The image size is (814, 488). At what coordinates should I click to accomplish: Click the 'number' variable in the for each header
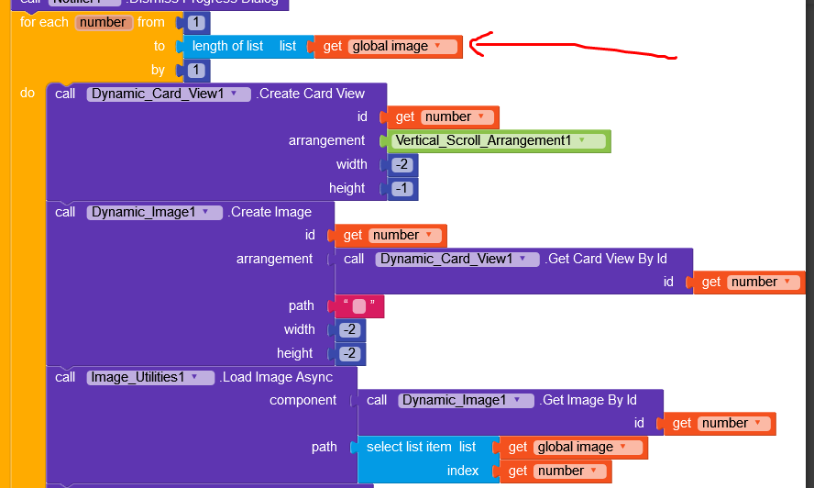tap(101, 22)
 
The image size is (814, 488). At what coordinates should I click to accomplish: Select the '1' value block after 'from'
tap(196, 23)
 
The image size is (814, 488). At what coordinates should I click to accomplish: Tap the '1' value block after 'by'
tap(196, 71)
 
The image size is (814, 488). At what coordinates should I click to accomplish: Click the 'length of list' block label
tap(227, 46)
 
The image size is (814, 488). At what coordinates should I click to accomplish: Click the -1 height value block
tap(401, 188)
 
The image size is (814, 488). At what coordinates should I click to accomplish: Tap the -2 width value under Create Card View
tap(401, 165)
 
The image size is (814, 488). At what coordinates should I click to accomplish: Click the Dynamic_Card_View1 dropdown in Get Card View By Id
tap(456, 260)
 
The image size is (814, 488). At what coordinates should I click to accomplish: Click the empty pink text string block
tap(359, 306)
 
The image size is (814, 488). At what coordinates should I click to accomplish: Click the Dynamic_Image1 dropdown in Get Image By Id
tap(467, 401)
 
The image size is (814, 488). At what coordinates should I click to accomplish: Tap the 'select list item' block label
tap(409, 448)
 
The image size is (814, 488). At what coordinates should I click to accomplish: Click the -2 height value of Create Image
tap(349, 354)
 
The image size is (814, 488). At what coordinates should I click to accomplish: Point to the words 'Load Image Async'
tap(277, 377)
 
